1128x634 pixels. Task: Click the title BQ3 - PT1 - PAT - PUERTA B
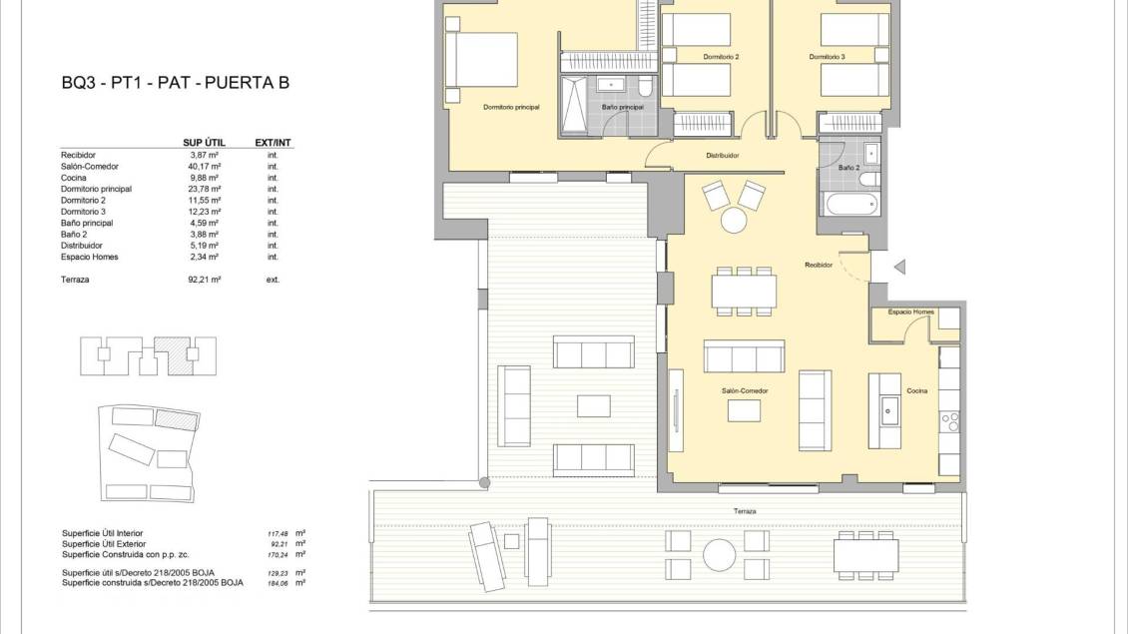pyautogui.click(x=175, y=83)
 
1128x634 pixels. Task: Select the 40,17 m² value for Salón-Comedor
pyautogui.click(x=204, y=166)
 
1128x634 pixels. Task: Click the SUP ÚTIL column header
pyautogui.click(x=205, y=143)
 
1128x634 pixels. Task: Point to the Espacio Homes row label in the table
pyautogui.click(x=89, y=257)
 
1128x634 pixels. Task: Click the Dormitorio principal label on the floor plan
pyautogui.click(x=511, y=107)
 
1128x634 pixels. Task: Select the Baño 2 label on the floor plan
pyautogui.click(x=848, y=168)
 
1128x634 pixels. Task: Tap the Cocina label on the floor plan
pyautogui.click(x=916, y=390)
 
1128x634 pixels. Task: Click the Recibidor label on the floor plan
pyautogui.click(x=819, y=265)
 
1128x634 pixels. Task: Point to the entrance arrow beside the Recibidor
pyautogui.click(x=899, y=267)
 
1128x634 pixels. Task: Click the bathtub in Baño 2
pyautogui.click(x=851, y=204)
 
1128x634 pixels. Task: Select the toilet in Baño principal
pyautogui.click(x=645, y=86)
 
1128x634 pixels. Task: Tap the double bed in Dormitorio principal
pyautogui.click(x=481, y=60)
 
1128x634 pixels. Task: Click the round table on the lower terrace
pyautogui.click(x=720, y=555)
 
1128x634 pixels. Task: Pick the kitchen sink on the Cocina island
pyautogui.click(x=889, y=411)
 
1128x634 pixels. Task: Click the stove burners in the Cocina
pyautogui.click(x=949, y=421)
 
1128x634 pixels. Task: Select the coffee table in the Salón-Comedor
pyautogui.click(x=744, y=411)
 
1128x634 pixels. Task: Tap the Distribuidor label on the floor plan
pyautogui.click(x=723, y=156)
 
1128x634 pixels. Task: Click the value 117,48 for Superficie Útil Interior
pyautogui.click(x=278, y=534)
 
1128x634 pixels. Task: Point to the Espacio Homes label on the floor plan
pyautogui.click(x=910, y=312)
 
